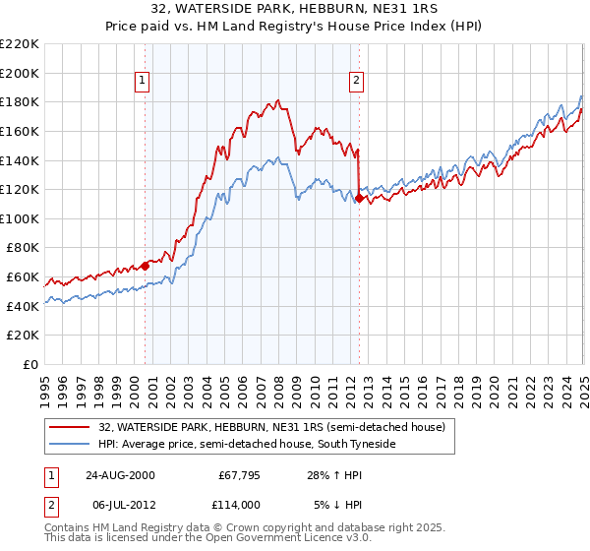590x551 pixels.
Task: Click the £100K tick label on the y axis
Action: [x=20, y=218]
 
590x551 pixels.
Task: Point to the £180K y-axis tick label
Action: [x=20, y=101]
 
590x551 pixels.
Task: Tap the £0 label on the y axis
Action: [x=30, y=364]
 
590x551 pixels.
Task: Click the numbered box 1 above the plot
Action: [x=144, y=82]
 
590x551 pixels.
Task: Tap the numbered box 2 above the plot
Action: [x=356, y=82]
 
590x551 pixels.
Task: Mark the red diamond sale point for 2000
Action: [x=145, y=265]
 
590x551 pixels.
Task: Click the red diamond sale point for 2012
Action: [x=359, y=198]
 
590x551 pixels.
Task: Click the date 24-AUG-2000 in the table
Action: [x=119, y=474]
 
